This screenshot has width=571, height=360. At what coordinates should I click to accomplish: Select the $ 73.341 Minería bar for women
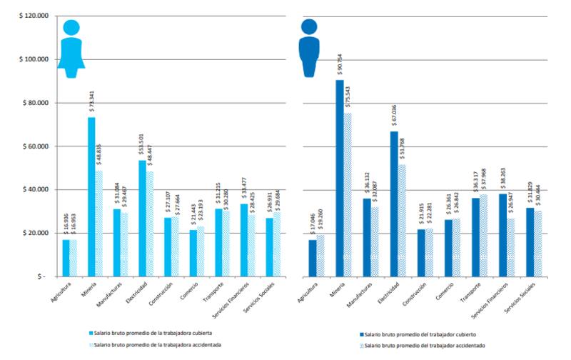pos(91,196)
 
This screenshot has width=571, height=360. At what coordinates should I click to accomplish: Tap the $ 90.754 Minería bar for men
pos(340,178)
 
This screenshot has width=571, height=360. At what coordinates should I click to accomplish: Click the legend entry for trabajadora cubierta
pos(150,333)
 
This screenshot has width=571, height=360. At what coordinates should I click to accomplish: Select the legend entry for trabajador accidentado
pos(420,344)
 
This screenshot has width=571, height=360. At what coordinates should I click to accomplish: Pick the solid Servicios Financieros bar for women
pos(243,240)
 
